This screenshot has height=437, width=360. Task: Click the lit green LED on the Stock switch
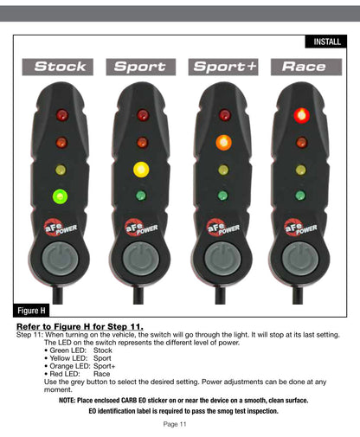coord(60,196)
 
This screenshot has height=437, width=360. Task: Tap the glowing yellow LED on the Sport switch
coord(141,170)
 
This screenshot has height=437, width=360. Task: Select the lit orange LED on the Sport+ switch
coord(223,142)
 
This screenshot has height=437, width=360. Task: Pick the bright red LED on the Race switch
coord(302,115)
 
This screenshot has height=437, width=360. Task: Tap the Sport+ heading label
coord(223,67)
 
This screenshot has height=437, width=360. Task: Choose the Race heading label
coord(306,67)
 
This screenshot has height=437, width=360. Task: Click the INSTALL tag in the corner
coord(326,42)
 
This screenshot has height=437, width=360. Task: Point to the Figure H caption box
coord(31,311)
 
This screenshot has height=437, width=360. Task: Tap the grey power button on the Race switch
coord(300,258)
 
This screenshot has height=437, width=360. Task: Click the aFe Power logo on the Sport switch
coord(141,228)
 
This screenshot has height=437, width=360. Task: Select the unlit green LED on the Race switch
coord(300,196)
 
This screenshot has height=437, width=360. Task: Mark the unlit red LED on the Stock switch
coord(62,115)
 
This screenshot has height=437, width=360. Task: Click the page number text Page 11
coord(175,424)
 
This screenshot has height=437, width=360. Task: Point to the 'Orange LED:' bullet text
coord(70,366)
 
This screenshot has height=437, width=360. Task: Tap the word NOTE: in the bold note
coord(67,401)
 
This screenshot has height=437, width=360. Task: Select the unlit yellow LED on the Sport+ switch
coord(223,170)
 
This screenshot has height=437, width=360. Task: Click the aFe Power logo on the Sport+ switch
coord(223,228)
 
